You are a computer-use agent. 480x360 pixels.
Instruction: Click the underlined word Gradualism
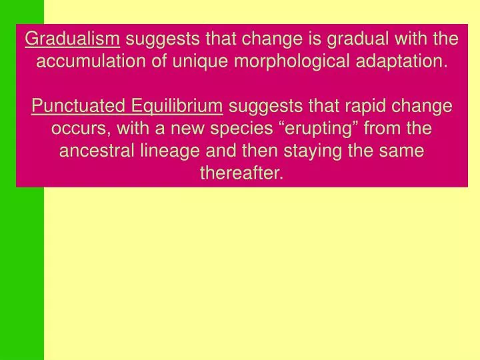pyautogui.click(x=73, y=39)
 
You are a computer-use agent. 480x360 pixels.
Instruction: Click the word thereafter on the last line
pyautogui.click(x=241, y=173)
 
